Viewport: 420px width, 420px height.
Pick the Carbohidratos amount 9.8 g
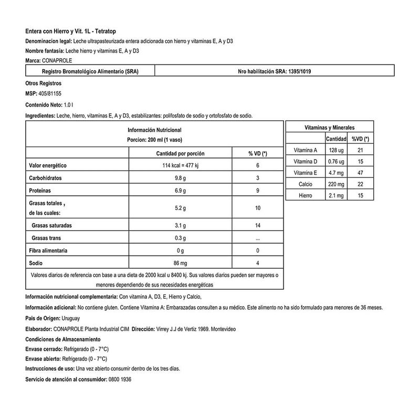coord(180,178)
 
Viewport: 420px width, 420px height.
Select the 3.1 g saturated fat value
coord(180,225)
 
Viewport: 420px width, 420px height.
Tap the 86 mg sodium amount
coord(180,262)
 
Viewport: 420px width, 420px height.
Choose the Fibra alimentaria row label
coord(48,250)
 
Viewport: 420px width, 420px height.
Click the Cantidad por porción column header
coord(180,153)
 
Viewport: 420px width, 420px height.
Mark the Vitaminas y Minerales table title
coord(329,128)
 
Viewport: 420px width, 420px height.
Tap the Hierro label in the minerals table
coord(306,196)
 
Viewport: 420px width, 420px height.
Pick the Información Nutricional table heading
coord(154,129)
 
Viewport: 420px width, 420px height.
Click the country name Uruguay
coord(70,318)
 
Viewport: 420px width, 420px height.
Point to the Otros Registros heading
coord(43,83)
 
